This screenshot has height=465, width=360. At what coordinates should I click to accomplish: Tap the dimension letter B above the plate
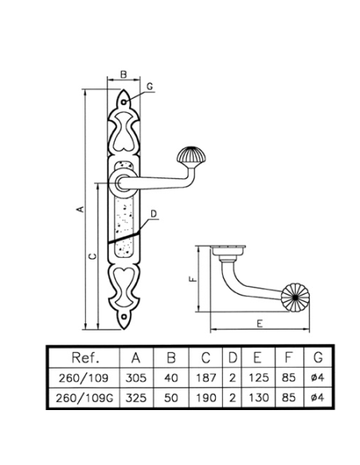(x=123, y=74)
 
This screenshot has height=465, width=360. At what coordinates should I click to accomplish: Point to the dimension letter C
(x=93, y=256)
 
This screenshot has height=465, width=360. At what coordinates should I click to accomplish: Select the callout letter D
(x=154, y=214)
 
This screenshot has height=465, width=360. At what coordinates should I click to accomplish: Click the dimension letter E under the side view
(x=260, y=323)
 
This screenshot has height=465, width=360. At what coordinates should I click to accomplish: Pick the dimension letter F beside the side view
(x=193, y=279)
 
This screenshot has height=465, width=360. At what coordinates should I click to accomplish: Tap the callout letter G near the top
(x=150, y=86)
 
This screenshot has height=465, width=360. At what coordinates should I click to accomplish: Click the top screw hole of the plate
(x=123, y=102)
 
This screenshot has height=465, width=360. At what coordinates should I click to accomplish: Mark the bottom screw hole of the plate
(x=123, y=317)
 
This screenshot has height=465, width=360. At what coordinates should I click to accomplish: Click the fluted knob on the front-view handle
(x=191, y=156)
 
